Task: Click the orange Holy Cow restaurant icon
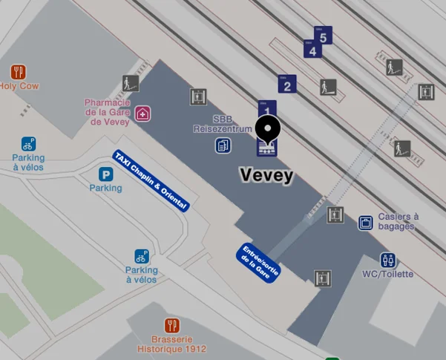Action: click(19, 72)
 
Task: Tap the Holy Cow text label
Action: click(19, 86)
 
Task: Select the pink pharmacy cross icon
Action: click(142, 114)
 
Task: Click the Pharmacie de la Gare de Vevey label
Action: click(108, 112)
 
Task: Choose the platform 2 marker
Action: click(287, 84)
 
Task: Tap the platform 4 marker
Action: click(312, 49)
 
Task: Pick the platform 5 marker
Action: click(324, 35)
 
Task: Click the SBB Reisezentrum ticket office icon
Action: click(223, 145)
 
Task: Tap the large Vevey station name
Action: click(266, 176)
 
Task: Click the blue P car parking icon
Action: click(106, 174)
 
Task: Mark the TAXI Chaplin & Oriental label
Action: click(151, 181)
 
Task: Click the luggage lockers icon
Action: click(365, 222)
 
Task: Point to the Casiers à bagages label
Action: click(399, 221)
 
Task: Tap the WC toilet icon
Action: click(387, 260)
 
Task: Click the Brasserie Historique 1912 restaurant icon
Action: click(172, 326)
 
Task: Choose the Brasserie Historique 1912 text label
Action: click(172, 344)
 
